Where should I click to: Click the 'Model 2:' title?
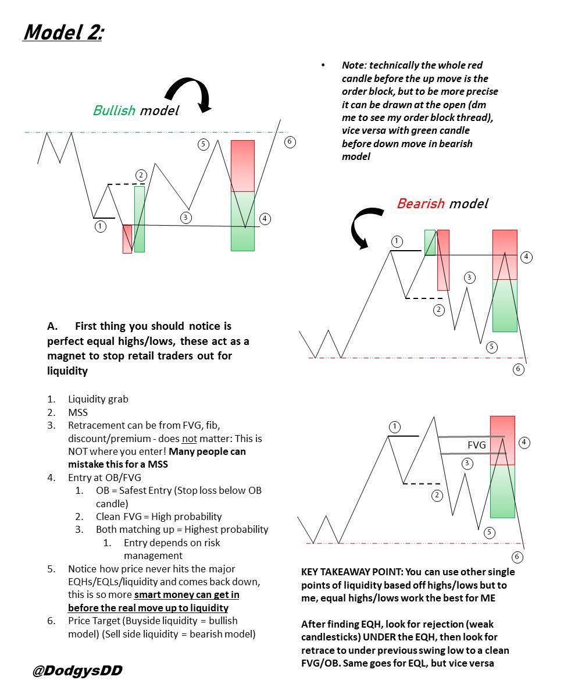tap(63, 33)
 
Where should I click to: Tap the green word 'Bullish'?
tap(114, 110)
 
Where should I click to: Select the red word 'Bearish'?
tap(420, 204)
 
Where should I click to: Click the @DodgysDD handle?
tap(77, 671)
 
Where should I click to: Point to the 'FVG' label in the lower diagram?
tap(476, 444)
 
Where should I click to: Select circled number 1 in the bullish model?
tap(101, 227)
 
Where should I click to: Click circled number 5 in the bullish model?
tap(203, 144)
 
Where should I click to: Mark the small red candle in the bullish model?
tap(127, 238)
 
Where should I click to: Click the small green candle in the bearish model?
tap(430, 242)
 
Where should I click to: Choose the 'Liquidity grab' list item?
tap(98, 399)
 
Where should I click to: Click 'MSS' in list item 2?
tap(78, 412)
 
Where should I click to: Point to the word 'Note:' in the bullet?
tap(355, 65)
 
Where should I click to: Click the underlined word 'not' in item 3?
tap(190, 438)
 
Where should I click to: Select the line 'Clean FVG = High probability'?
tap(159, 516)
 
